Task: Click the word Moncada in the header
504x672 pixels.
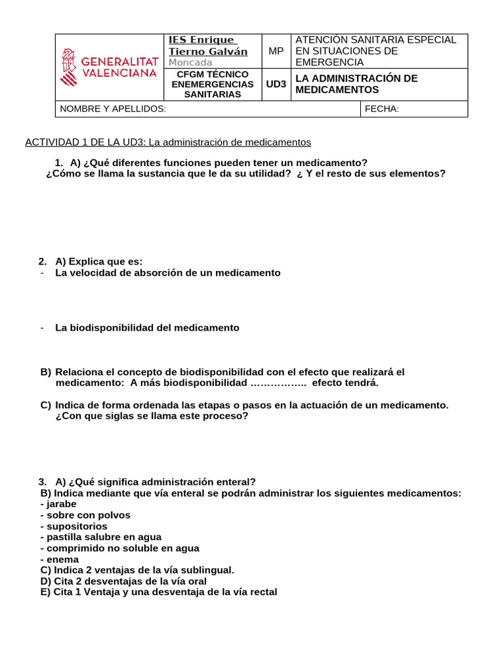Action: (190, 62)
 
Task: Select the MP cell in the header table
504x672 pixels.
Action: (276, 51)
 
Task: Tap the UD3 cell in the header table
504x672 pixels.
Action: (276, 84)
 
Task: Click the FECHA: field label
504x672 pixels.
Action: (382, 109)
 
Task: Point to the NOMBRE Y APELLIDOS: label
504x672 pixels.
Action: (113, 109)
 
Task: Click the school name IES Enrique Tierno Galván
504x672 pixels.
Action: (208, 45)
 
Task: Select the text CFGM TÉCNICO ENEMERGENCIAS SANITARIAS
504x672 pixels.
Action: (212, 84)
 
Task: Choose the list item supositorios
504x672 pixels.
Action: (73, 526)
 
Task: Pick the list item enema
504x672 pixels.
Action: (60, 559)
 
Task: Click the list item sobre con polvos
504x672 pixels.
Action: (85, 515)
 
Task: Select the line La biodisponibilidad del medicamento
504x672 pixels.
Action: (147, 327)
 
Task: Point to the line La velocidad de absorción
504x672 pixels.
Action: (167, 272)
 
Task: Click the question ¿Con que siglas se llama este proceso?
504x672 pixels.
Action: (152, 416)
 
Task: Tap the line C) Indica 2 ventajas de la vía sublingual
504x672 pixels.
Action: (137, 570)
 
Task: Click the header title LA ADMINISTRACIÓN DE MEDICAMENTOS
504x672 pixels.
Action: (356, 84)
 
